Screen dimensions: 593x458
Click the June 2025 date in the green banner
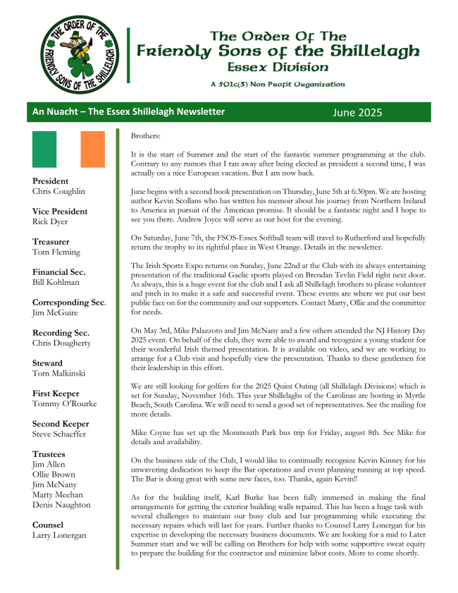point(357,112)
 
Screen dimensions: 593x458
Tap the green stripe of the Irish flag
point(44,148)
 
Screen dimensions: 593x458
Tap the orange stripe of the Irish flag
point(92,148)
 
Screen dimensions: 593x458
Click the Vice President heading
point(60,212)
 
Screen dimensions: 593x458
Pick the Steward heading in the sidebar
point(48,363)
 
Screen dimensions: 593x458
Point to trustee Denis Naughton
point(61,505)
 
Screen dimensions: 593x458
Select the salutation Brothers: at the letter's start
point(146,135)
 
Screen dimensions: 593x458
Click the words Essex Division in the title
point(278,68)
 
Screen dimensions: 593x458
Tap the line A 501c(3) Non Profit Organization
point(277,85)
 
